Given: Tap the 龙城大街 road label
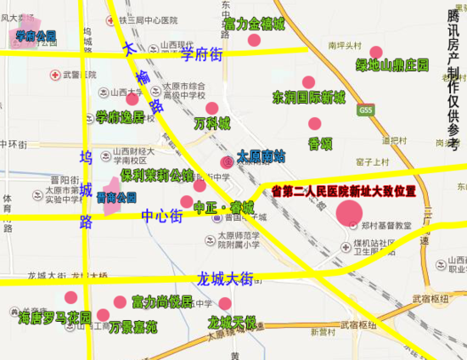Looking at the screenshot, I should (x=225, y=278).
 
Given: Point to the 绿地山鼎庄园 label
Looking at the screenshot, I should (x=392, y=65).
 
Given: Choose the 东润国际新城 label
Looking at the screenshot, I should (x=308, y=98).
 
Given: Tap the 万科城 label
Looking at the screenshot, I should (x=211, y=124).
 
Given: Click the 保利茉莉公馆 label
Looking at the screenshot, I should (x=157, y=176).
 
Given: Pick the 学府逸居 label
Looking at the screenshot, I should (x=120, y=116).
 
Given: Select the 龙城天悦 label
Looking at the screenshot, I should (x=231, y=323).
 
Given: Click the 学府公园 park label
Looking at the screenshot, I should (x=35, y=37).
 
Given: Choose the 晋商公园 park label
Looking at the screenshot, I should (x=116, y=197).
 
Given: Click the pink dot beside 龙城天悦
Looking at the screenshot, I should (x=225, y=303).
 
